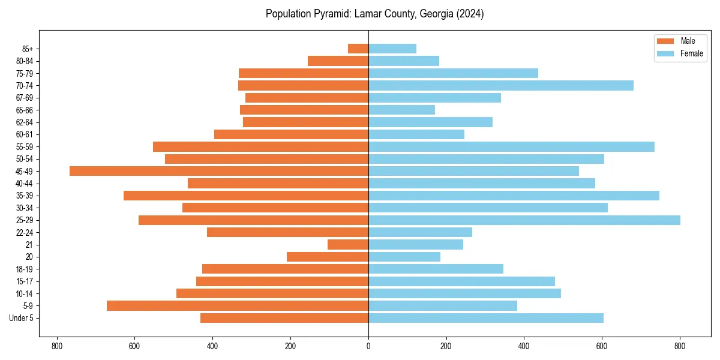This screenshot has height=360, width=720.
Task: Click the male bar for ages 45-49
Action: click(219, 171)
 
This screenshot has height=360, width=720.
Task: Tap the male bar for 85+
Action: click(358, 49)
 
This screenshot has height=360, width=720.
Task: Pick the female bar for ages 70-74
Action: click(500, 85)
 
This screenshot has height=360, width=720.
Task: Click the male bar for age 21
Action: click(348, 244)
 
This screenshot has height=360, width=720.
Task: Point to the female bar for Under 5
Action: click(485, 318)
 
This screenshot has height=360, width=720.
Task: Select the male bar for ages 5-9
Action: click(238, 305)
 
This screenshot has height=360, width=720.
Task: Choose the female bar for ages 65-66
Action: click(401, 110)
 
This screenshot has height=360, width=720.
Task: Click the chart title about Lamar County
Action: click(374, 14)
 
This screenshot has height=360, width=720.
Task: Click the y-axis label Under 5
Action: click(22, 318)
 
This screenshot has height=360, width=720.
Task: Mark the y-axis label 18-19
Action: click(26, 269)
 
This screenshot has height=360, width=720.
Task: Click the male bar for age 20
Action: click(328, 257)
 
